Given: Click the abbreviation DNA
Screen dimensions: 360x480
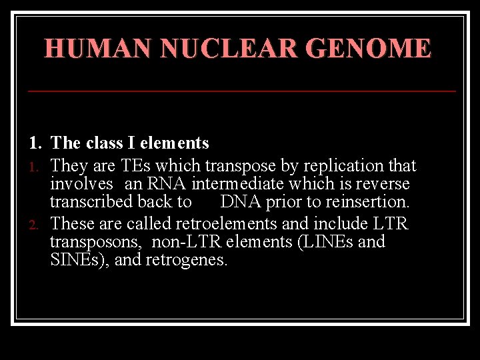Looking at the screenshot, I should (240, 201).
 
